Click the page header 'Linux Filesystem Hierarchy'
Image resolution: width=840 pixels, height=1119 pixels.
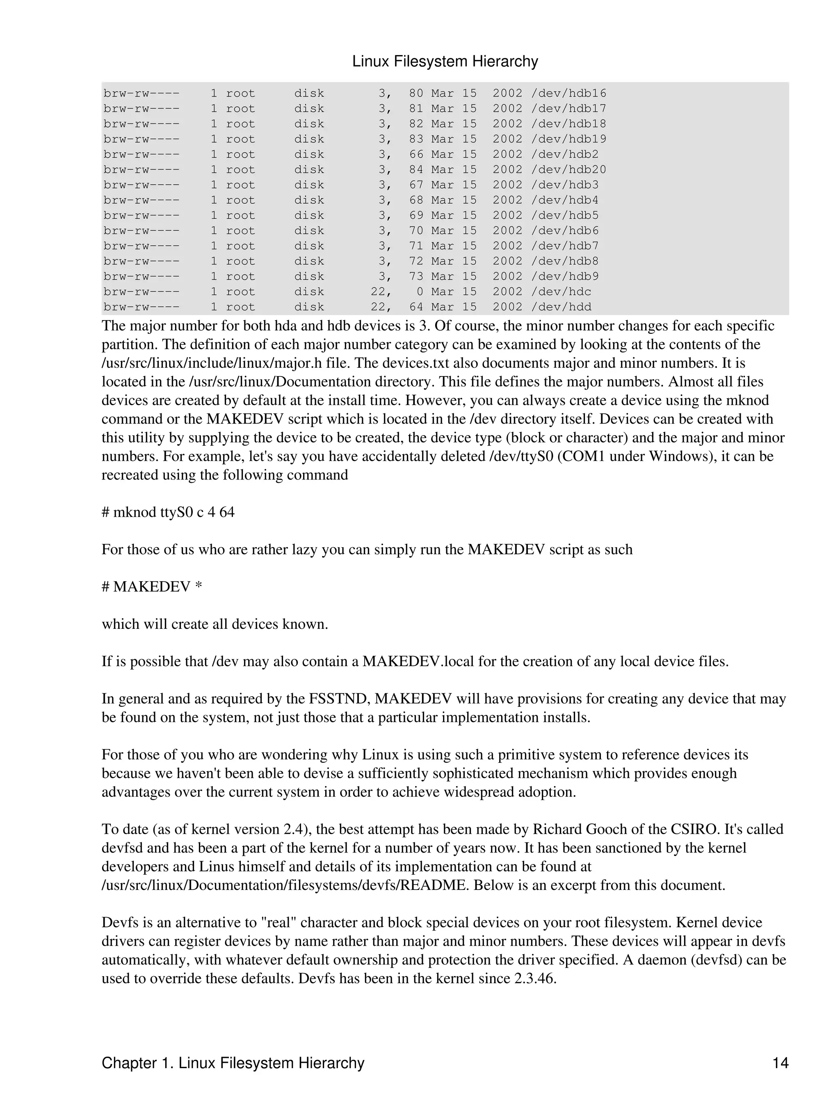tap(445, 62)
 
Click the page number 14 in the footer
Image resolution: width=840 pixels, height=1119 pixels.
tap(780, 1063)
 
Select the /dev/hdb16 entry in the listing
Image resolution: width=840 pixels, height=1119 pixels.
tap(568, 94)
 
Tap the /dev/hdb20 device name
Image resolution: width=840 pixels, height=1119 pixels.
tap(568, 170)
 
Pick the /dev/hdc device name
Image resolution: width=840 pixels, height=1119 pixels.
tap(561, 292)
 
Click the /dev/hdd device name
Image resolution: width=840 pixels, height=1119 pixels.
tap(561, 307)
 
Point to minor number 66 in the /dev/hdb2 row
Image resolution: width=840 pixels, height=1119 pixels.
tap(416, 155)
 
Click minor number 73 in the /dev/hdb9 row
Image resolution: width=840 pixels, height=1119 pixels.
tap(416, 277)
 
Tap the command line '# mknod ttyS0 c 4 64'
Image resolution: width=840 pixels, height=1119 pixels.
tap(168, 512)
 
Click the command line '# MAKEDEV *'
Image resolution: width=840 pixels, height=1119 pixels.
tap(152, 587)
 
